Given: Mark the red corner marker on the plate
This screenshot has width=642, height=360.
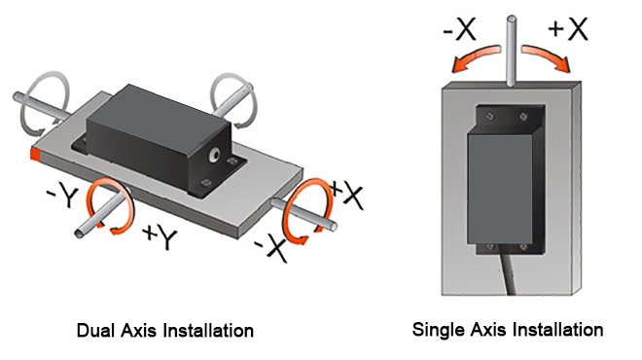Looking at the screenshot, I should (x=35, y=154).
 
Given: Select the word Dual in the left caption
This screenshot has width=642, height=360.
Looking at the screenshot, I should (x=94, y=331).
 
